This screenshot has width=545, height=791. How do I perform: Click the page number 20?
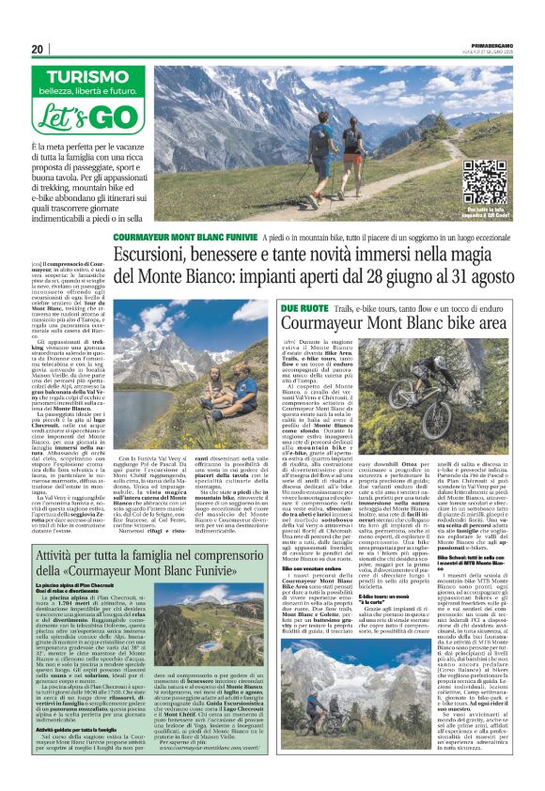(x=39, y=49)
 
